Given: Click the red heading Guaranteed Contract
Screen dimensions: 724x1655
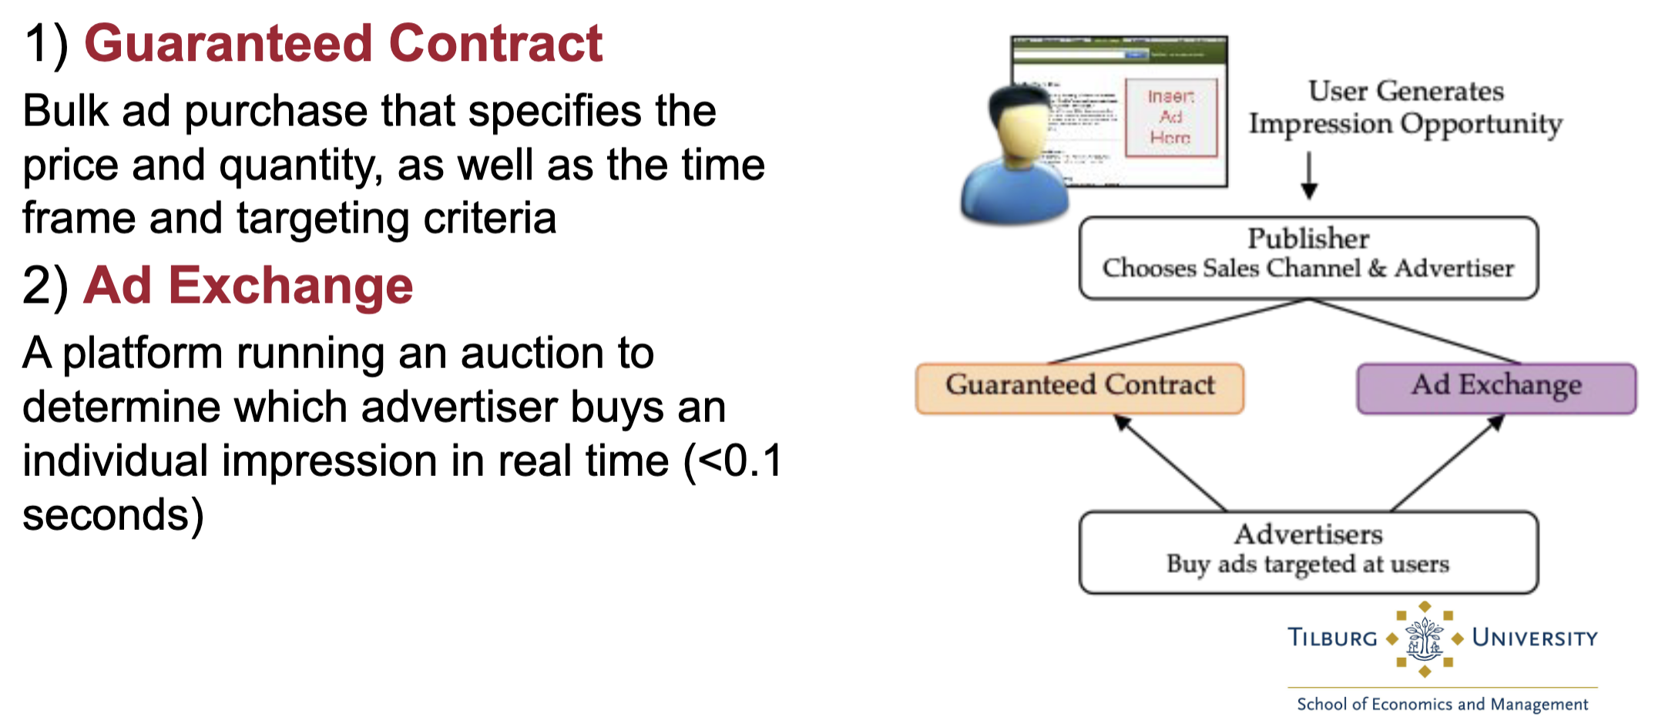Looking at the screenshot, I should click(343, 43).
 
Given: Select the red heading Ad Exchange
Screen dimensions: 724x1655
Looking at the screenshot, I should click(248, 286).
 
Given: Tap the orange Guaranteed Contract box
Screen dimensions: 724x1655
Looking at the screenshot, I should click(1079, 387).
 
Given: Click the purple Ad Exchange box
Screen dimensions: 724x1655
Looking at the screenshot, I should click(1496, 387).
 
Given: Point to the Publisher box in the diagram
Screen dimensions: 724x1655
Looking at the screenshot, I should click(1308, 257).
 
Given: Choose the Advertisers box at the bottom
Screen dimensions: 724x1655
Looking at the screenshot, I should click(1308, 551).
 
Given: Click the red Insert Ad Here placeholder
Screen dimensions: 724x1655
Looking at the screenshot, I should click(1170, 117).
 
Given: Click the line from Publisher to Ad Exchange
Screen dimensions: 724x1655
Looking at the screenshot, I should click(1414, 331).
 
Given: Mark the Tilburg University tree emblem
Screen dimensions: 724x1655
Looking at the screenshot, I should click(1424, 639).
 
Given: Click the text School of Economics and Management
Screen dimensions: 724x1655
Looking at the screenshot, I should click(1442, 704).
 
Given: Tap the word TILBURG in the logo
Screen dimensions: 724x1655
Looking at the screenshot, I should click(1332, 639).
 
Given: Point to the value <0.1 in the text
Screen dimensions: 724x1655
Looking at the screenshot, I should click(740, 461).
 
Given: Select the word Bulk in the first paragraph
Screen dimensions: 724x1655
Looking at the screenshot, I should click(65, 111).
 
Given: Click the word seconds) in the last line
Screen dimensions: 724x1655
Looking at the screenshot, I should click(113, 515).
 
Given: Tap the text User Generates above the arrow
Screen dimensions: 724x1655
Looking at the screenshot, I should click(1405, 92).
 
